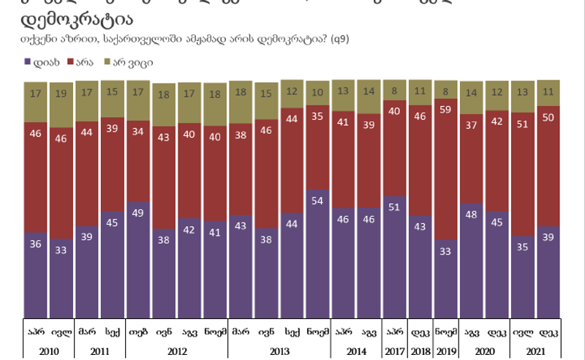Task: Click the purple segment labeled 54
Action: [317, 254]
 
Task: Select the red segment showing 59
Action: [445, 169]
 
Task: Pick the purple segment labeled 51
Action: [394, 257]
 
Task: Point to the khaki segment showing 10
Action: [317, 93]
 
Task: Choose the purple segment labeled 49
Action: [138, 260]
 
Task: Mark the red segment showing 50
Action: [548, 166]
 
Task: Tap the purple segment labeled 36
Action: [36, 275]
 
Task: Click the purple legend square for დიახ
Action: [28, 63]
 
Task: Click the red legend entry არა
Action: [82, 63]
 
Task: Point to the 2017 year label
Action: [394, 351]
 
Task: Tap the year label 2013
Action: [279, 351]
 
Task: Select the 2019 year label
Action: [445, 351]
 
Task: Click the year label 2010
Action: [49, 351]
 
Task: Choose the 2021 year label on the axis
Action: [535, 351]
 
